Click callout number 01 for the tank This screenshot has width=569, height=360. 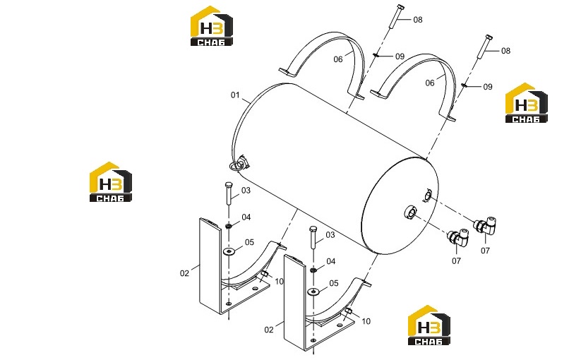(235, 95)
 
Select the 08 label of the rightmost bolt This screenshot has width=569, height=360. (505, 51)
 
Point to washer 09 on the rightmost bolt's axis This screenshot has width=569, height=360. (464, 85)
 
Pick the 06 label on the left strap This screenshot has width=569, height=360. (338, 59)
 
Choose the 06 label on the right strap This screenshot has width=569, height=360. (430, 83)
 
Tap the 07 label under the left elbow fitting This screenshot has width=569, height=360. (456, 261)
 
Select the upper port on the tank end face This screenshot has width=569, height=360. (427, 196)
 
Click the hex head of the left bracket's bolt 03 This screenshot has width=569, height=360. (229, 185)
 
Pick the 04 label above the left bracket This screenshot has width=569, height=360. (246, 217)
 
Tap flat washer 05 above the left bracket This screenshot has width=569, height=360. (229, 251)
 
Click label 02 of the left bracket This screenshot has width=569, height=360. (184, 273)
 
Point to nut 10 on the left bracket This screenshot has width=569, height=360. (265, 273)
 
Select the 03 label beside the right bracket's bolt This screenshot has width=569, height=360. (330, 235)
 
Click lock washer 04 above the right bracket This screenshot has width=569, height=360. (313, 270)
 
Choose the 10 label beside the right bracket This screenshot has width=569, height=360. (366, 321)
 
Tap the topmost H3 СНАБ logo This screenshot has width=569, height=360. (212, 26)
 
